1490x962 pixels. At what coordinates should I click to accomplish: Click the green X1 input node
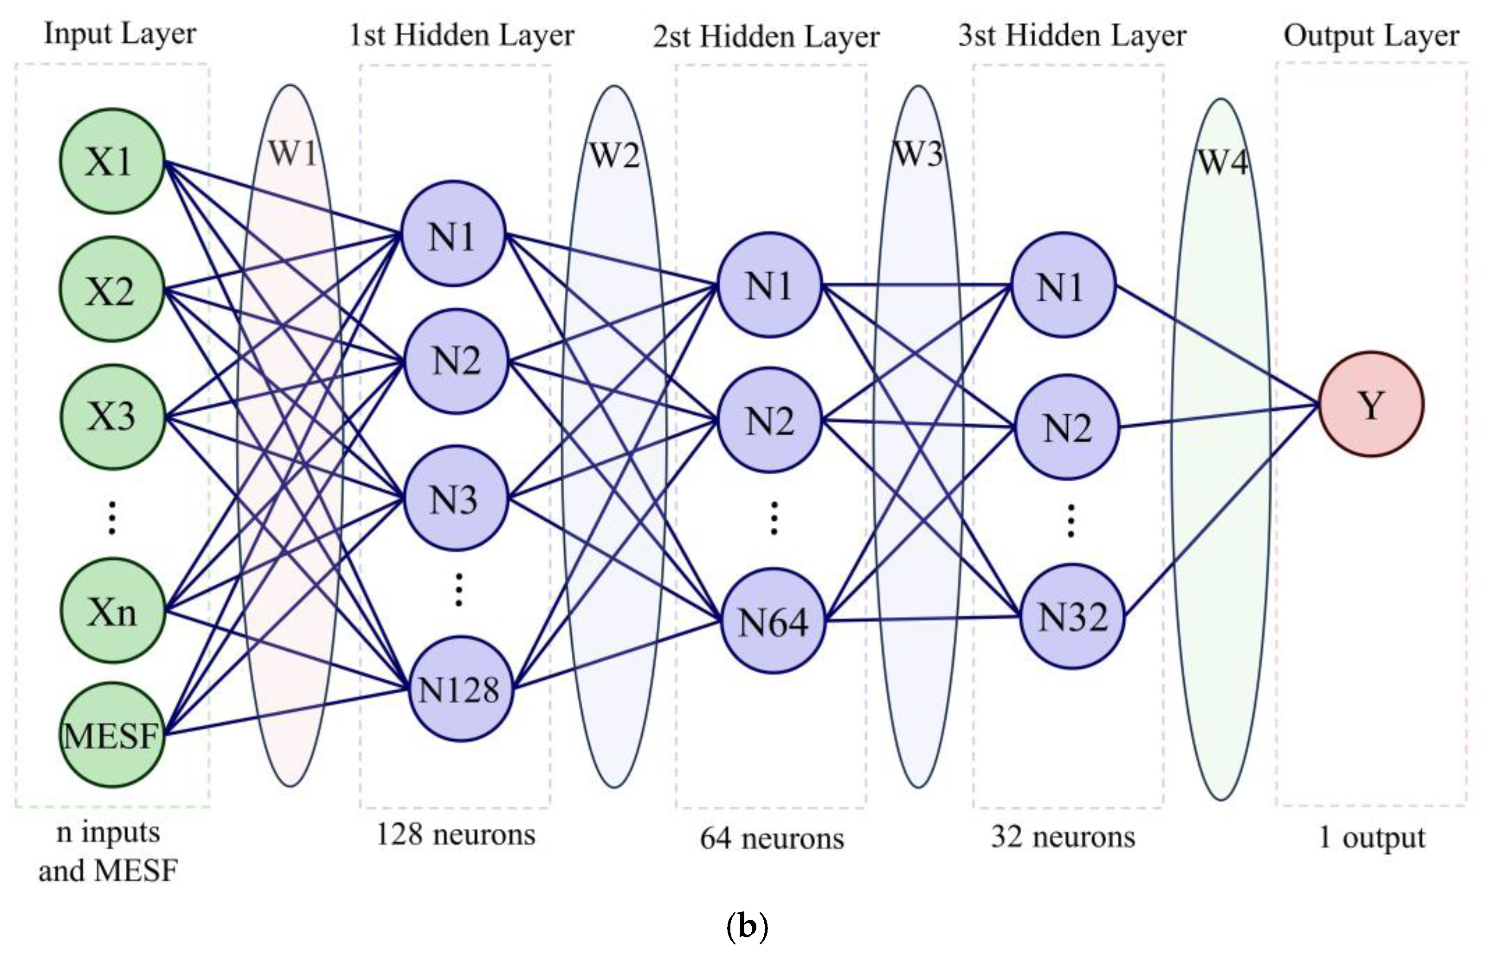coord(112,161)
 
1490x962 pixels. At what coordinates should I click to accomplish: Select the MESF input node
coord(112,735)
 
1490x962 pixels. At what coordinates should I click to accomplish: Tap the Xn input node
coord(112,610)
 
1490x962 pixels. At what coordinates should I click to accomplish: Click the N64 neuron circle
coord(773,621)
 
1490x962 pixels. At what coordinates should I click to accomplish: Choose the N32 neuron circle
coord(1072,617)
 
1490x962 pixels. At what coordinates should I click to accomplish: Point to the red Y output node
coord(1371,404)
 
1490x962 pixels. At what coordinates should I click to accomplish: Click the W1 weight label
coord(292,152)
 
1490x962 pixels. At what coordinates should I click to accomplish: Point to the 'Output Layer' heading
coord(1371,36)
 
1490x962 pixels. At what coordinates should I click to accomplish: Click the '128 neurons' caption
coord(456,834)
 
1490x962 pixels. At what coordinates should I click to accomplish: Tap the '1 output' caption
coord(1371,837)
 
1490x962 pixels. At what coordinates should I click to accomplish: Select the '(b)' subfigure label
coord(747,927)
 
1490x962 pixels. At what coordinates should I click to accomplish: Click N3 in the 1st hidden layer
coord(455,498)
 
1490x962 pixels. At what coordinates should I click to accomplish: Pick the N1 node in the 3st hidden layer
coord(1062,285)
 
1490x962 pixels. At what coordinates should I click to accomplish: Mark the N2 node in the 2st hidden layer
coord(769,420)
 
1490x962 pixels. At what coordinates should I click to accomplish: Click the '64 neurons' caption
coord(772,838)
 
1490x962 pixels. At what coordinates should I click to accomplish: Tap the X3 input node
coord(112,417)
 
